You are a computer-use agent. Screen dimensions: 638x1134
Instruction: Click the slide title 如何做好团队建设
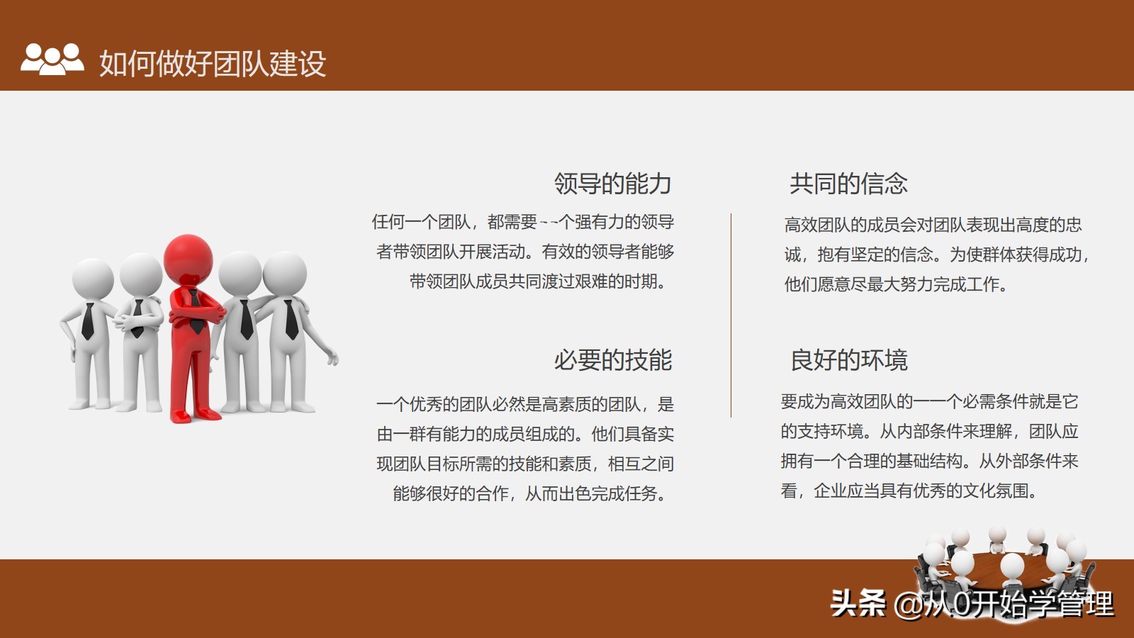[212, 63]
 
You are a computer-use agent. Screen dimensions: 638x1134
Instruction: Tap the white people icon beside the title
[52, 59]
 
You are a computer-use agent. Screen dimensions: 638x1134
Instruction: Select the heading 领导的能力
[612, 184]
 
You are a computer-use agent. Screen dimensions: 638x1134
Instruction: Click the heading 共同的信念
[848, 184]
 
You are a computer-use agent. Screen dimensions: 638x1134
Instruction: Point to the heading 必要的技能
[612, 360]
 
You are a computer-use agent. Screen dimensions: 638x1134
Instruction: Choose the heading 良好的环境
[848, 360]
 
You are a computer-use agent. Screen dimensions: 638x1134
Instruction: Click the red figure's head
[189, 257]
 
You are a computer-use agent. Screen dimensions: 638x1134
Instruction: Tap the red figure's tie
[194, 312]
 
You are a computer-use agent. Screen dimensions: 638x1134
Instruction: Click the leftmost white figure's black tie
[88, 322]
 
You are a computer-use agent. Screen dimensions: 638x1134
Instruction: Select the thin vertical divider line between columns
[731, 315]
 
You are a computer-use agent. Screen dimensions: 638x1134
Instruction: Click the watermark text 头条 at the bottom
[858, 604]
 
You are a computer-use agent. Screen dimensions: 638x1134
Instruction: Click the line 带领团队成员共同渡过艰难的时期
[539, 281]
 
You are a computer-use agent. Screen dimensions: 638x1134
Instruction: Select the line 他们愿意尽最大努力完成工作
[895, 284]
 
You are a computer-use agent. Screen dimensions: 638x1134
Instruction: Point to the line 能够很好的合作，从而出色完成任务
[530, 493]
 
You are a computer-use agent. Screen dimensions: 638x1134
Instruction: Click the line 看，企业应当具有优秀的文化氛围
[909, 491]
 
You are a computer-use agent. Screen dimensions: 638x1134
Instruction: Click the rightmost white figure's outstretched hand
[332, 357]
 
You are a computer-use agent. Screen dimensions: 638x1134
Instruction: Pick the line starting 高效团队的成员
[933, 225]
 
